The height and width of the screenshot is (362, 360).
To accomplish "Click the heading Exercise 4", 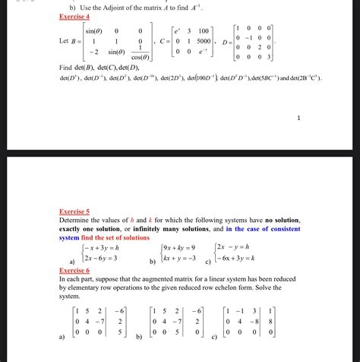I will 74,15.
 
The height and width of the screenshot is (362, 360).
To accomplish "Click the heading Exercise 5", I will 74,211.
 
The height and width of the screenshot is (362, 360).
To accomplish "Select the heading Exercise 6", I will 74,270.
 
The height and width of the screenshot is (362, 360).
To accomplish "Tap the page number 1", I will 299,118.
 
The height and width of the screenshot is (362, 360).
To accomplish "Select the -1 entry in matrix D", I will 261,36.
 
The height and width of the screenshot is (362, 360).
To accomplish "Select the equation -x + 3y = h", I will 99,248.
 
